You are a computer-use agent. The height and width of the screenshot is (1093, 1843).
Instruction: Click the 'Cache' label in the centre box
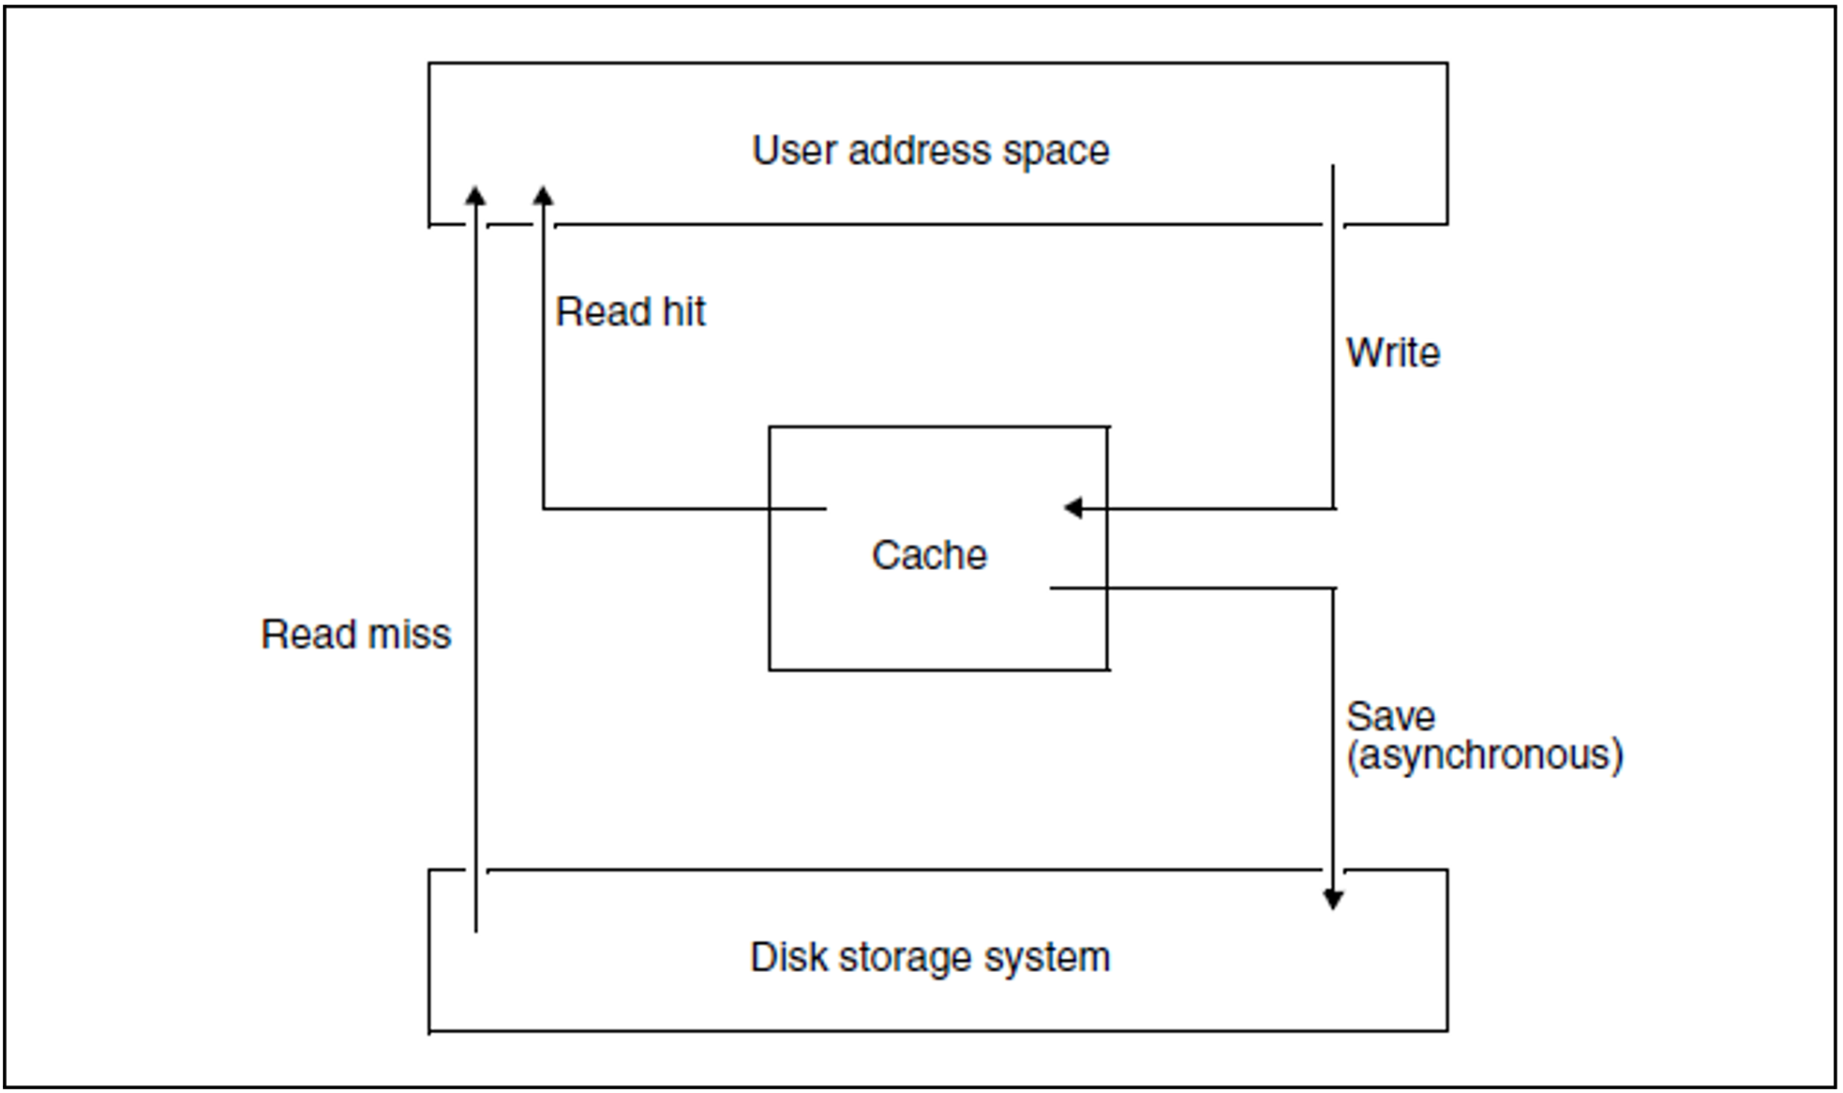click(929, 555)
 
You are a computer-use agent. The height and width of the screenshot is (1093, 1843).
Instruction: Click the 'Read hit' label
click(630, 312)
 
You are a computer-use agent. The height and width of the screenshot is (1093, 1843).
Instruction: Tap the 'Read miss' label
click(355, 635)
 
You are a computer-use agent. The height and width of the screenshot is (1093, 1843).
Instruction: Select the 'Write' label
click(1392, 353)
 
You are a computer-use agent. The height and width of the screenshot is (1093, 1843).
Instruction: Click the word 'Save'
click(1390, 717)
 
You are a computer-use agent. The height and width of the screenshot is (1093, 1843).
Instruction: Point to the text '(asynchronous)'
click(1484, 756)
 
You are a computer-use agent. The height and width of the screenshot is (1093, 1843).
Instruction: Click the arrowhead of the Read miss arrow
click(476, 195)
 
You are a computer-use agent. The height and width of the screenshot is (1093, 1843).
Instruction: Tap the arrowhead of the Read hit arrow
click(544, 195)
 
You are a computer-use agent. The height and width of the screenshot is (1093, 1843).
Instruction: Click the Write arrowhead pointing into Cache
click(1073, 508)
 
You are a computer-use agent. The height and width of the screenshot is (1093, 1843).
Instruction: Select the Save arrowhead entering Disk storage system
click(1333, 900)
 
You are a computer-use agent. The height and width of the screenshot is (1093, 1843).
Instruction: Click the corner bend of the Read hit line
click(544, 508)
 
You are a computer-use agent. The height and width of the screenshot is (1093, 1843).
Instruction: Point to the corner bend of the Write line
click(1333, 508)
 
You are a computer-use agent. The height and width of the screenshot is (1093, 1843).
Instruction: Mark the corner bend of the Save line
click(1333, 589)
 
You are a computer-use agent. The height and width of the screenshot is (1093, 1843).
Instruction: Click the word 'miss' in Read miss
click(409, 635)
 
